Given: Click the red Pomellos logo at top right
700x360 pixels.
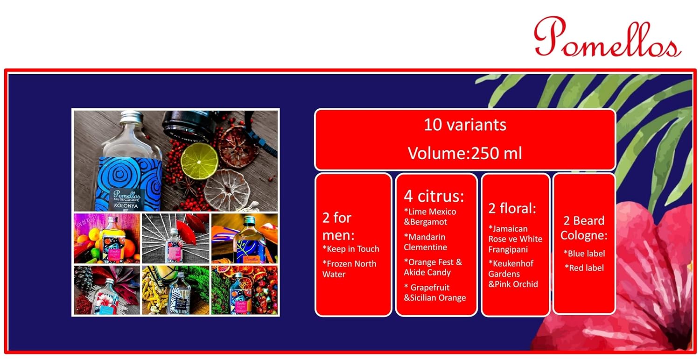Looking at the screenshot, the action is [x=608, y=37].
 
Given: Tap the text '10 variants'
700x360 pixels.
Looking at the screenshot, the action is [x=465, y=125].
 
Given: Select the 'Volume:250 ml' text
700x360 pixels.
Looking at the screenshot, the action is [x=465, y=153].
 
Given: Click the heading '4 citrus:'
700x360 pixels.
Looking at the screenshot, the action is [x=434, y=196].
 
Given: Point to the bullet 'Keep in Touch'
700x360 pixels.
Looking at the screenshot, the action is [x=351, y=249].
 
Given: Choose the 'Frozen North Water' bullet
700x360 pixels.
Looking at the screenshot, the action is [x=350, y=269].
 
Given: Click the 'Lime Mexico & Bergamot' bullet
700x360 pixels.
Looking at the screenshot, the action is [x=430, y=217].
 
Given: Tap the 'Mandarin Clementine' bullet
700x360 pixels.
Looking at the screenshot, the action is [x=425, y=242].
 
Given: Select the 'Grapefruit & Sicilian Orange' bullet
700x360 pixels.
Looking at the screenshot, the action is [x=434, y=292].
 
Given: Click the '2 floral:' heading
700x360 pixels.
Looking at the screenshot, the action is [x=512, y=208].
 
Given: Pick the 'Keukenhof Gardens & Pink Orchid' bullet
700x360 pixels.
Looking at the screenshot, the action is [x=513, y=274].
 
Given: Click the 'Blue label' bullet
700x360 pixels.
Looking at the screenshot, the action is [x=584, y=254].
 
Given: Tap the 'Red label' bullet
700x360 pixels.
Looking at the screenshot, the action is [x=584, y=268].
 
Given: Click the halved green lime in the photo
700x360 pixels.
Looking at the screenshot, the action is [x=199, y=161].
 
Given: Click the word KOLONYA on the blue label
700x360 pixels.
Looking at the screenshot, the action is [x=126, y=206].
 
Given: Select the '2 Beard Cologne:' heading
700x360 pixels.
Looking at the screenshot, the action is [x=584, y=228].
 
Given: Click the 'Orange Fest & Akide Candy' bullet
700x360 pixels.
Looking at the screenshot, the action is [x=433, y=267].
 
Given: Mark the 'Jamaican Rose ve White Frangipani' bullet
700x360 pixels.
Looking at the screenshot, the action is [x=515, y=239].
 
